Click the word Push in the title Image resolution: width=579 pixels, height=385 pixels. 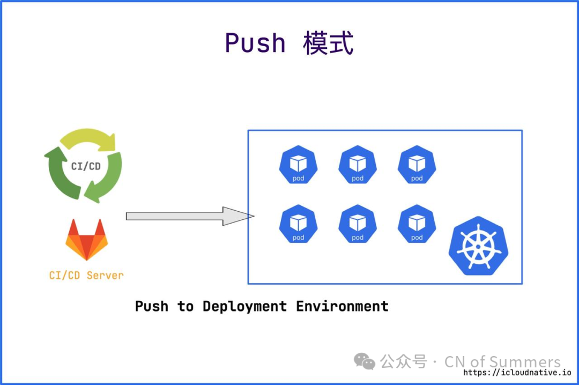(255, 43)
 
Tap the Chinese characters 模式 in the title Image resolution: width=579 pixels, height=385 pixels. (328, 43)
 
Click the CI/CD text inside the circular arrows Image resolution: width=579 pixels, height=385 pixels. (86, 166)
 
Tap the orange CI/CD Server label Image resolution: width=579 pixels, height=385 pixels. (86, 276)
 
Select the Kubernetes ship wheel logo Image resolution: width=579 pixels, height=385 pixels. (478, 246)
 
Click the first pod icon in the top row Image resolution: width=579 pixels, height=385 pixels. (298, 165)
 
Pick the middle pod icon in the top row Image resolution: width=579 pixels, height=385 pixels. (358, 165)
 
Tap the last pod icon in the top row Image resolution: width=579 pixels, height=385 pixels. (417, 165)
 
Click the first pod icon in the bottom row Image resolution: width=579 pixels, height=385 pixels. (298, 224)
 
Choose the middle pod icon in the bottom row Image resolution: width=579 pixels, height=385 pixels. (358, 224)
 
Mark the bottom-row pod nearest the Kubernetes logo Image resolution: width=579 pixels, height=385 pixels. (417, 224)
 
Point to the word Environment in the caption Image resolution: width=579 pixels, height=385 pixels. (342, 306)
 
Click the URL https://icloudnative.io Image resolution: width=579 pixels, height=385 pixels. (517, 373)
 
